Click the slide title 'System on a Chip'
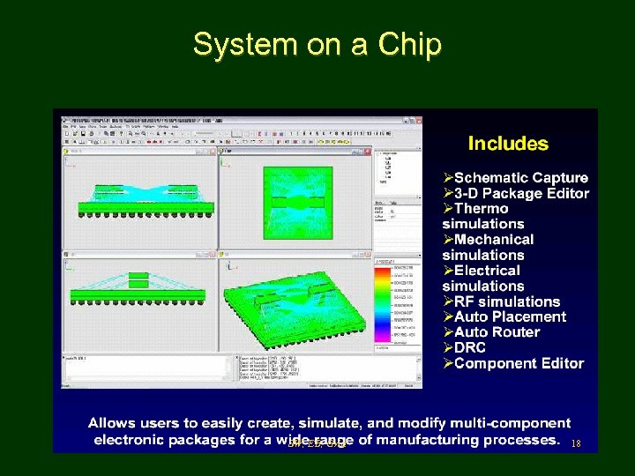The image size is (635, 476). [317, 44]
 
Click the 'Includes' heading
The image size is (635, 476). [508, 144]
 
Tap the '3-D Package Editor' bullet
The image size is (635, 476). [521, 193]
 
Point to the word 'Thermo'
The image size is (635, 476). [482, 208]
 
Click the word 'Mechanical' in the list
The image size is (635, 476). [494, 239]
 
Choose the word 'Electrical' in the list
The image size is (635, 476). [488, 271]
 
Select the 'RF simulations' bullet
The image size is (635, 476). [507, 301]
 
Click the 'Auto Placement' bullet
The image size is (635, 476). [510, 316]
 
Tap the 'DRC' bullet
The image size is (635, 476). [471, 347]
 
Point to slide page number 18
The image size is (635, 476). [577, 443]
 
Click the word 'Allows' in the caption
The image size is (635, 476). [111, 424]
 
